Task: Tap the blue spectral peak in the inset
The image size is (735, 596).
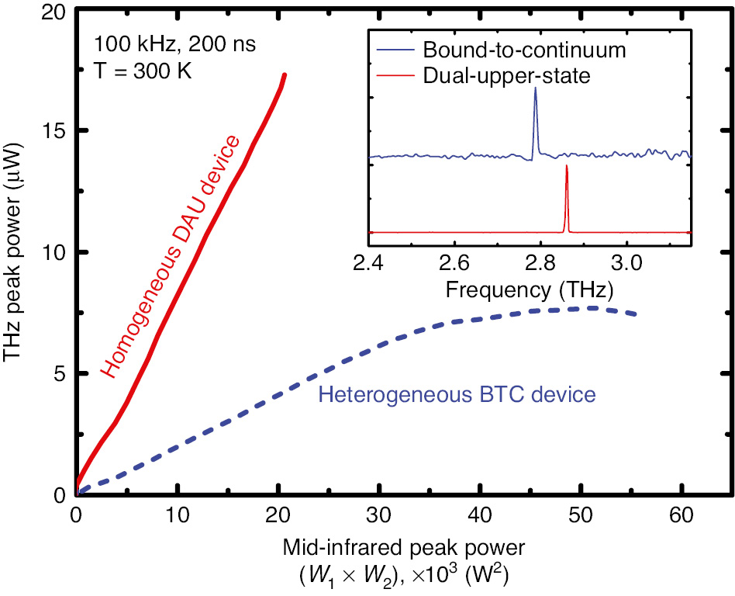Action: click(535, 90)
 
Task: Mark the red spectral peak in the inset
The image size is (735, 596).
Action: click(567, 167)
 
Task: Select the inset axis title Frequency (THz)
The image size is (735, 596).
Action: click(530, 290)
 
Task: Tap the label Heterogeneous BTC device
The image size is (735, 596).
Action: click(457, 394)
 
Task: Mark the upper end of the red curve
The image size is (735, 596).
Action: click(285, 75)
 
